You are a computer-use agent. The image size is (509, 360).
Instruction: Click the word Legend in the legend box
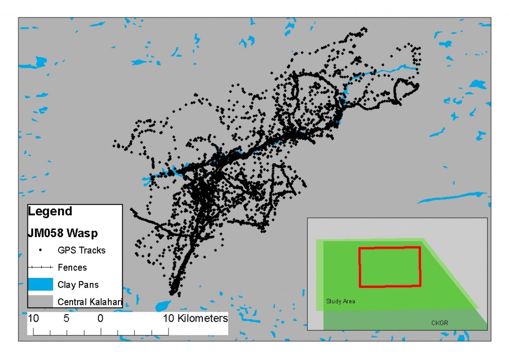[50, 211]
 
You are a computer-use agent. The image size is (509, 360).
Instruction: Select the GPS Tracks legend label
[82, 250]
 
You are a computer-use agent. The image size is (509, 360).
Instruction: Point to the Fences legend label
[72, 268]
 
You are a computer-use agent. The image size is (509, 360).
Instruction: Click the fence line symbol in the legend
[40, 268]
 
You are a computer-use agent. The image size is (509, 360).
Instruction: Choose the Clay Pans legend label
[78, 285]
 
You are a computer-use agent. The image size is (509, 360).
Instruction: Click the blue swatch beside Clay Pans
[40, 284]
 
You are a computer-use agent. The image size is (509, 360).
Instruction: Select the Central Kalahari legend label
[90, 302]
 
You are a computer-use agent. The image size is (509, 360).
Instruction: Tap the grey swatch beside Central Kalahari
[40, 301]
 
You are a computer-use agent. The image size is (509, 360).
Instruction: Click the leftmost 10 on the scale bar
[33, 318]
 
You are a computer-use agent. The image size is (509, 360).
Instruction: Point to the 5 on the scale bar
[67, 318]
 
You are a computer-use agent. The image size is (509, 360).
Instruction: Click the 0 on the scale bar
[100, 318]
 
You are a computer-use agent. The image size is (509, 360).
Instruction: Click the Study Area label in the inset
[340, 301]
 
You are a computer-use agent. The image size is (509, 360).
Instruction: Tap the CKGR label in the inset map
[440, 323]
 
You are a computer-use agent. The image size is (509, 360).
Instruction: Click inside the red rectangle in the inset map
[390, 267]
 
